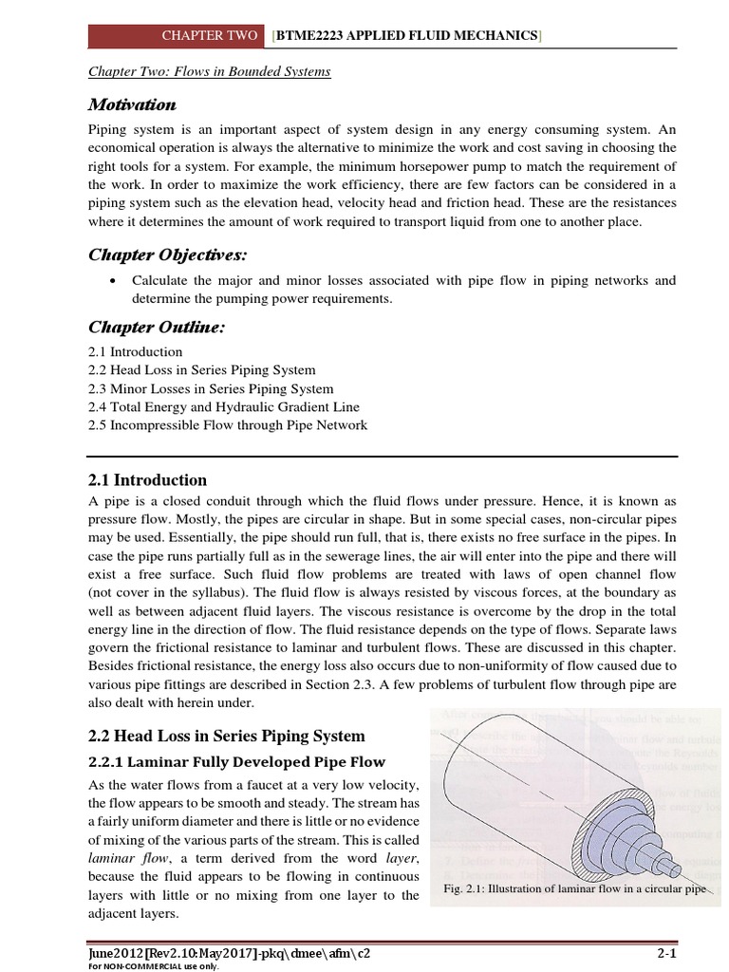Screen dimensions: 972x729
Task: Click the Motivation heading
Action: tap(132, 103)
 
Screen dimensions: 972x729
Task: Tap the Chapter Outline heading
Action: tap(156, 327)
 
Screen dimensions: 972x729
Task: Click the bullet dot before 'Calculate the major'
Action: tap(113, 282)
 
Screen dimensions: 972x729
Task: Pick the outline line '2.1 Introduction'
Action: tap(135, 352)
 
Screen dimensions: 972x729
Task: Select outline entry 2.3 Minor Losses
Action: tap(211, 389)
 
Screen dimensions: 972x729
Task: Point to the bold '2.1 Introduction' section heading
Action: tap(147, 480)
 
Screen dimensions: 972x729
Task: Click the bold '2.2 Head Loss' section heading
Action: tap(227, 737)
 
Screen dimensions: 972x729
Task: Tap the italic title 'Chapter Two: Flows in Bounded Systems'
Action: tap(210, 72)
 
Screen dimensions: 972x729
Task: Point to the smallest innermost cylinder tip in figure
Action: tap(676, 867)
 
